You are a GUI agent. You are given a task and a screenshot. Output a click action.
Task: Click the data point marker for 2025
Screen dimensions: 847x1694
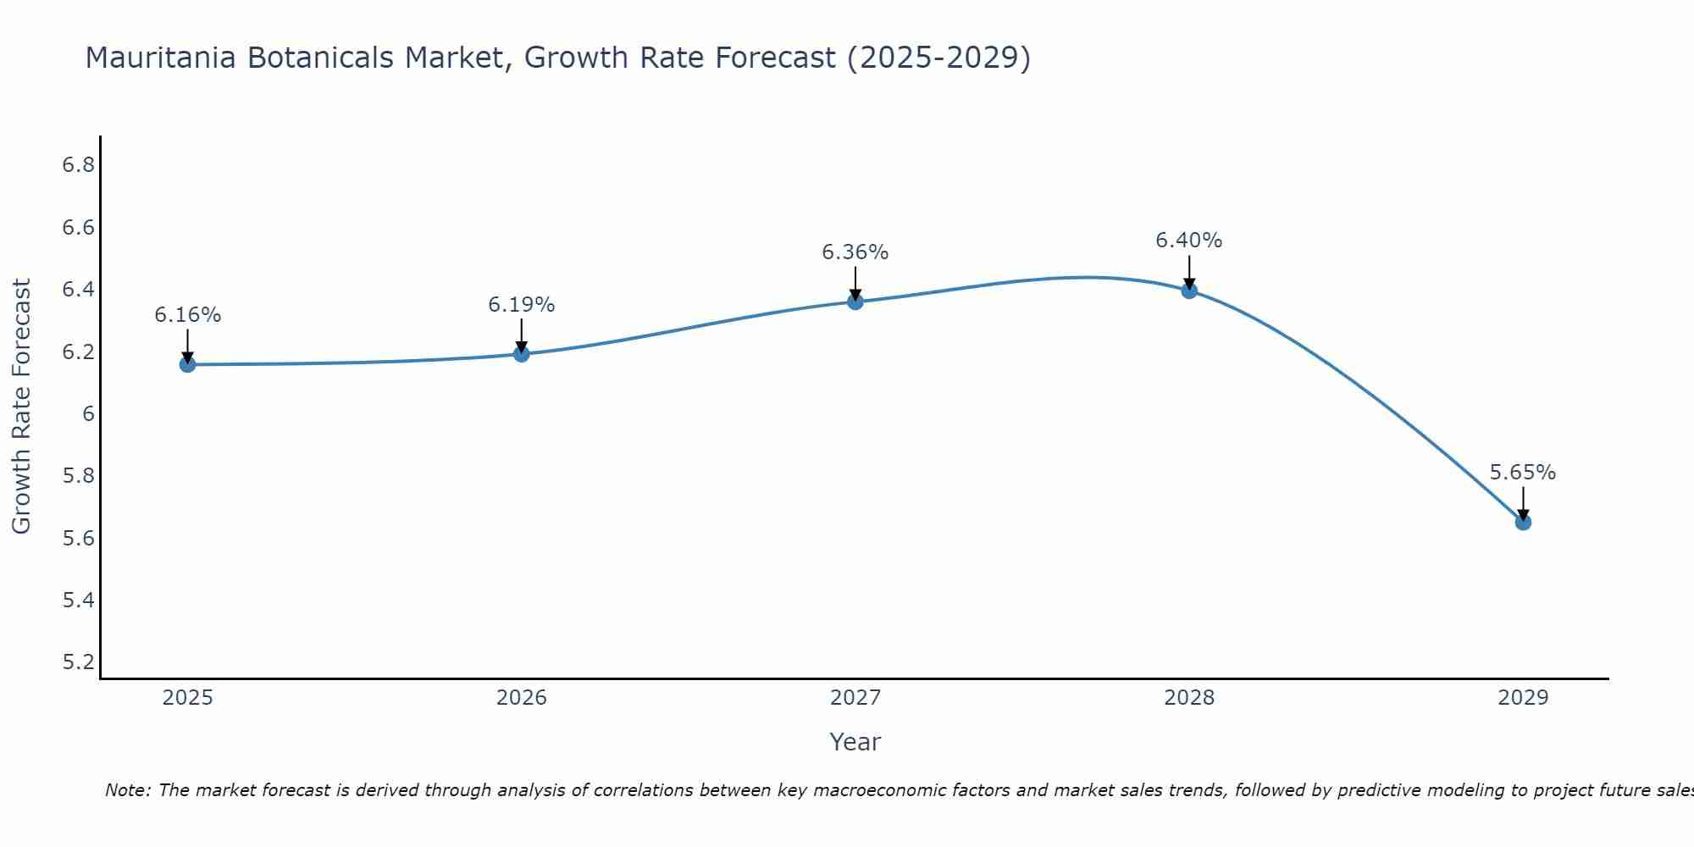(x=187, y=364)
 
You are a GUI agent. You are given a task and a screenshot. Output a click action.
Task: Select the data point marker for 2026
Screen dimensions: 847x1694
(x=521, y=354)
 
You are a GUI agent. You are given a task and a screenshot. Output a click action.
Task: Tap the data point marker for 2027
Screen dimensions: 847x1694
(x=855, y=302)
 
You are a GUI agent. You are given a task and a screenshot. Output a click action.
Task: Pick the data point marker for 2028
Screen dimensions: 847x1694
(x=1188, y=290)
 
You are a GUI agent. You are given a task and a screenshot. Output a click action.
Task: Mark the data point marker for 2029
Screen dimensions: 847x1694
(x=1522, y=522)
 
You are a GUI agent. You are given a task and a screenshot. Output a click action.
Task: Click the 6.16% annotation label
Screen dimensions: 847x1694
(x=187, y=315)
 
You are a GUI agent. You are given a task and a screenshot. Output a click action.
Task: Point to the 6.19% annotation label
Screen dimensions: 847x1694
(x=521, y=305)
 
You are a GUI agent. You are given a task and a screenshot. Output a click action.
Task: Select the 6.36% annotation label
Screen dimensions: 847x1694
(x=855, y=252)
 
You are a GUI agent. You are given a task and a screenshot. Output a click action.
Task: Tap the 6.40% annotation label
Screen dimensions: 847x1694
(x=1188, y=241)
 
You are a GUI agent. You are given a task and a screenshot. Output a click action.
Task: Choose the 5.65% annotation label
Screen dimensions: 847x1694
(x=1522, y=473)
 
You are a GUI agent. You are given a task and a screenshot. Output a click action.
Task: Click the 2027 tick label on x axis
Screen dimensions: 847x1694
(x=855, y=698)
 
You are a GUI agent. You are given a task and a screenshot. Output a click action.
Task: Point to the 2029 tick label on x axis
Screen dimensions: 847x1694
(x=1522, y=698)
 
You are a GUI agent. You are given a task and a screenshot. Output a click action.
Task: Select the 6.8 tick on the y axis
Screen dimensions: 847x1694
(x=78, y=165)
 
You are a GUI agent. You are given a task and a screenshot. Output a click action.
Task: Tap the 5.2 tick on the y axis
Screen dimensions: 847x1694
(x=78, y=662)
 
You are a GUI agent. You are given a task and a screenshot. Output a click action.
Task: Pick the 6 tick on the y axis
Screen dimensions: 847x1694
(x=87, y=414)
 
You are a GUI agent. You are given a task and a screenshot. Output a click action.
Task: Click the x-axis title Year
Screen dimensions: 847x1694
(x=855, y=742)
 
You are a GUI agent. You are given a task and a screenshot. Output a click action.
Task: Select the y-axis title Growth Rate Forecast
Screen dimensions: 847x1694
(x=21, y=407)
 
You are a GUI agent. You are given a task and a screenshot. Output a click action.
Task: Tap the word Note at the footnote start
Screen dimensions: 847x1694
(x=127, y=790)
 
